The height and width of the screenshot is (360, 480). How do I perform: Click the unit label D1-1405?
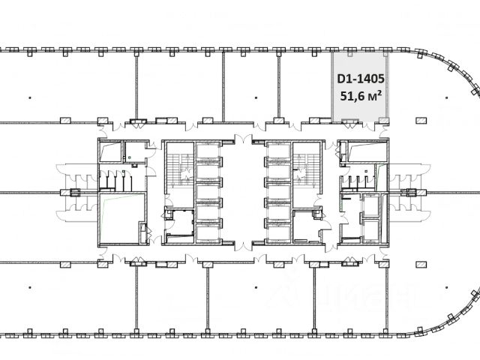click(361, 79)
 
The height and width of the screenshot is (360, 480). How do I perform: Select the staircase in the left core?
click(180, 167)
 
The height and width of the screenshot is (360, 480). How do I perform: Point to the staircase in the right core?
click(306, 167)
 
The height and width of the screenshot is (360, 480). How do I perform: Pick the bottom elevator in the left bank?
click(208, 233)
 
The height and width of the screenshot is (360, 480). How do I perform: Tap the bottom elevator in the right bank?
click(279, 233)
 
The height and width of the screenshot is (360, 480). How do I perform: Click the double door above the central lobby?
click(243, 139)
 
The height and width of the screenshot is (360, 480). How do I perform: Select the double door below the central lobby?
click(243, 246)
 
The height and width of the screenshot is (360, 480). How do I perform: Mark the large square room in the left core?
click(121, 218)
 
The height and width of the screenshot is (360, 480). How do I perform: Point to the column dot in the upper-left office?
click(30, 98)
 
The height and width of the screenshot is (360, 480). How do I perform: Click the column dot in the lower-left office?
click(30, 287)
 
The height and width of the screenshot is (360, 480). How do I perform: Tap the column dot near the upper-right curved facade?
click(447, 98)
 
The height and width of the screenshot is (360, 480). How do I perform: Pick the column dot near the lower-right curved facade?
click(447, 287)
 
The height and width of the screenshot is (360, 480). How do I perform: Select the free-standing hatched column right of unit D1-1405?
click(421, 120)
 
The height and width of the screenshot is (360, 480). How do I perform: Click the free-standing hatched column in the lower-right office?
click(421, 265)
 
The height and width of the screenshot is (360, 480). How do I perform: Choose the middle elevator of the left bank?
click(208, 192)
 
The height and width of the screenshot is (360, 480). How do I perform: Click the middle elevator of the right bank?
click(279, 192)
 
